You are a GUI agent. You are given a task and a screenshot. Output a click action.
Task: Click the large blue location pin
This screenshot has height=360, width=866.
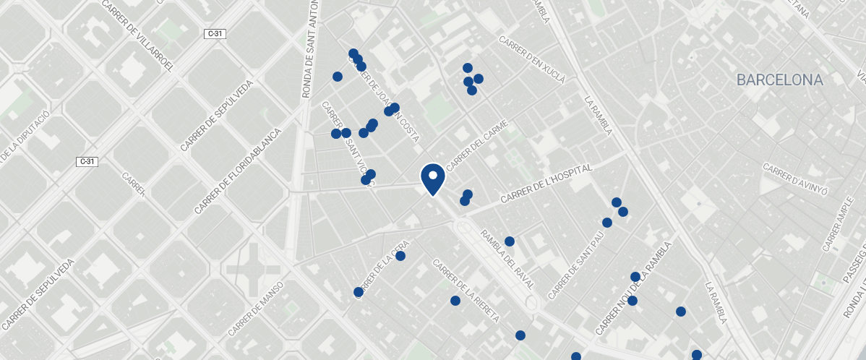[432, 178]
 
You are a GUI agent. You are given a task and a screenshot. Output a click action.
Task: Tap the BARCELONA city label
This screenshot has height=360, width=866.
[779, 80]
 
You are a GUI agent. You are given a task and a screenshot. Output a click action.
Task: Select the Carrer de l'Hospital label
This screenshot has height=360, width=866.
[546, 184]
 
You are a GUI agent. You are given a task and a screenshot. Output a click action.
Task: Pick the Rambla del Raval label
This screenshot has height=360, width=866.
[508, 260]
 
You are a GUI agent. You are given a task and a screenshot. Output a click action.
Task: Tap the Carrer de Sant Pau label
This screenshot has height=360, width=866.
[575, 266]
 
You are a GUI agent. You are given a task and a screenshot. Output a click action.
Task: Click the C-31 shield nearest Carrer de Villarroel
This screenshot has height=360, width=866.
[215, 33]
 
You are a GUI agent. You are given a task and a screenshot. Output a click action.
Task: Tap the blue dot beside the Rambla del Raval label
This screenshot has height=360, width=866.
[509, 241]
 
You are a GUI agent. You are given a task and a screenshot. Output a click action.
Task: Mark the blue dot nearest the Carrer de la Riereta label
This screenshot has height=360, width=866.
[455, 301]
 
